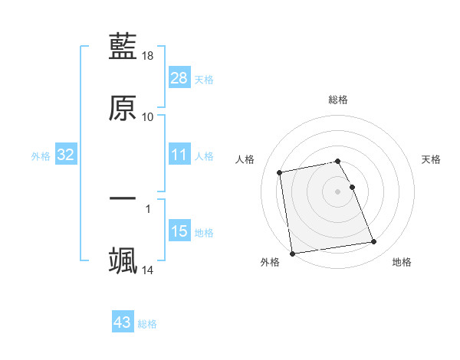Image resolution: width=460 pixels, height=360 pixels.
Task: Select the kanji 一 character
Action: coord(123,199)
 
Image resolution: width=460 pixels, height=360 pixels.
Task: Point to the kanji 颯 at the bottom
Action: coord(123,260)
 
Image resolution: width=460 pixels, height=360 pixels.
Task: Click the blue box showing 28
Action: coord(179,78)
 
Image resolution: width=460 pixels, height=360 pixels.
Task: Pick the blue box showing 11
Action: coord(179,155)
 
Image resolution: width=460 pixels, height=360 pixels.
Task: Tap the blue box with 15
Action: coord(179,231)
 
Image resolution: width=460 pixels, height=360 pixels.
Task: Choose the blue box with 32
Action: coord(66,155)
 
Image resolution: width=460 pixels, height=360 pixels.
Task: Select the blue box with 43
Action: coord(123,322)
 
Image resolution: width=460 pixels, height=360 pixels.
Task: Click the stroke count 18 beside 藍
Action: coord(148,56)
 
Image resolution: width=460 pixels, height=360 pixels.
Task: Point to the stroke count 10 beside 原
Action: coord(148,116)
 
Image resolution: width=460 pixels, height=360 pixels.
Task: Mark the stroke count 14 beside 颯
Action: coord(148,270)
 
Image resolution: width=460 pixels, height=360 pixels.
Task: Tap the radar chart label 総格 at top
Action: coord(338,100)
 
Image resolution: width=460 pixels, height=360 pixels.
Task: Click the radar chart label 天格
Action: coord(432,159)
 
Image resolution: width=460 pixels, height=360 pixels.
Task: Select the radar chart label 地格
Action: coord(402,262)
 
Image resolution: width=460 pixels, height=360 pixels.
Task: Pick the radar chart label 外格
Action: coord(270,262)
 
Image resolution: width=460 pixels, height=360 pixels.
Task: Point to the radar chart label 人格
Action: coord(245,159)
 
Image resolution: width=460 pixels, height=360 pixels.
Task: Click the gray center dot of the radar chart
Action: coord(338,191)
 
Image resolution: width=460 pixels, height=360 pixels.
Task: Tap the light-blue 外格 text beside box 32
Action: coord(41,155)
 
